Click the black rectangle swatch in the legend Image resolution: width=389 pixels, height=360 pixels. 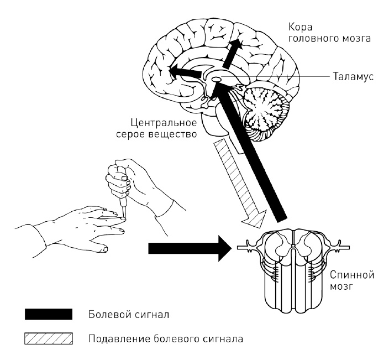[49, 315]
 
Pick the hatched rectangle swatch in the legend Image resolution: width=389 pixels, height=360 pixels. [49, 337]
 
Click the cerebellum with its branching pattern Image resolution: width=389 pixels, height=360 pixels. [269, 108]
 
